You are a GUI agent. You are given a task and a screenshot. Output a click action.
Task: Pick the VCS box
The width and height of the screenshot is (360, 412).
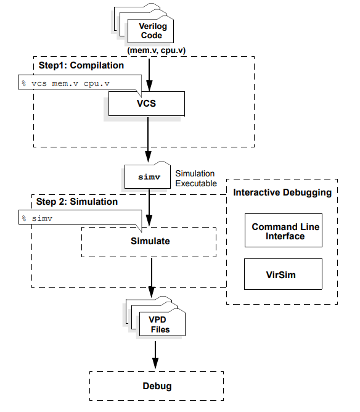click(146, 103)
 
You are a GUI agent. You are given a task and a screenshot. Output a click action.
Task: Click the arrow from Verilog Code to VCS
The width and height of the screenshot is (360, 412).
click(149, 71)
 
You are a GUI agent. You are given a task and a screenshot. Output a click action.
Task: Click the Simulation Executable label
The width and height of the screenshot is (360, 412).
click(197, 178)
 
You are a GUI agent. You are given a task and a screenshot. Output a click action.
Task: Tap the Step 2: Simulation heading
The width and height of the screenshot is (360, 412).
click(77, 202)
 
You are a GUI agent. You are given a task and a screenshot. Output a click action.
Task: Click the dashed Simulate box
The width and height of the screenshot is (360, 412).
click(149, 241)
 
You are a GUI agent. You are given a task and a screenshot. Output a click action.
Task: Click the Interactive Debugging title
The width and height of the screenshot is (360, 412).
click(282, 192)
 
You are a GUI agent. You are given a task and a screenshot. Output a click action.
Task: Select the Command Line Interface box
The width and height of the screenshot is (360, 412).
click(283, 231)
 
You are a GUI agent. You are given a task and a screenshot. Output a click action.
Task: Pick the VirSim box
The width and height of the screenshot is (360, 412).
click(283, 274)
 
